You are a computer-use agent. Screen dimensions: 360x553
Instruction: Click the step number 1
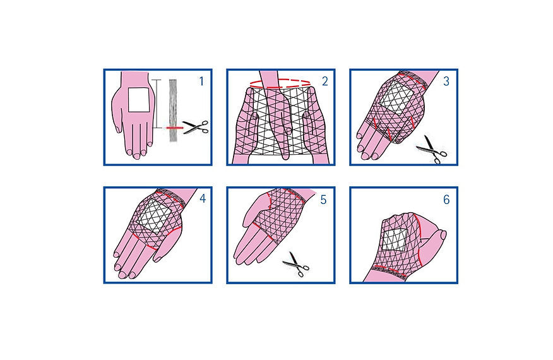click(x=201, y=81)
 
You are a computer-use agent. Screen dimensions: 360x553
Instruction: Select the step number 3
click(x=446, y=81)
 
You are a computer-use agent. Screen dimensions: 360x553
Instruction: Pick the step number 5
click(x=323, y=200)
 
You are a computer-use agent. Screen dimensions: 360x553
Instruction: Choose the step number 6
click(x=446, y=200)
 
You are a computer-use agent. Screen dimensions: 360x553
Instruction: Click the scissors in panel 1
click(x=195, y=128)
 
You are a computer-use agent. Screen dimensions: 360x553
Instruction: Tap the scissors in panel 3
click(x=431, y=149)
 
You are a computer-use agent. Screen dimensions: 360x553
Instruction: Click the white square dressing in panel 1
click(x=138, y=99)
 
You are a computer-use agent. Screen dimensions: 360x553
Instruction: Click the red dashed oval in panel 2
click(x=280, y=83)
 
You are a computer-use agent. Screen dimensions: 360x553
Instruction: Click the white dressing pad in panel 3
click(x=396, y=100)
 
